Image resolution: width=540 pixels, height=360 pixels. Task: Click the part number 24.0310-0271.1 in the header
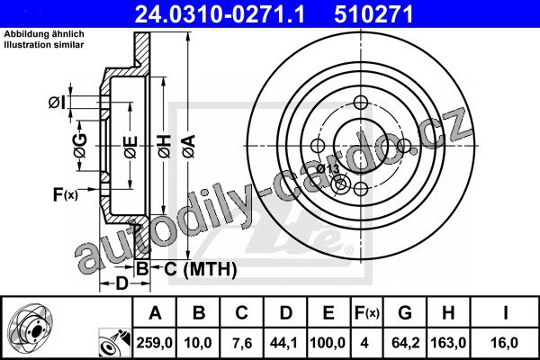point(220,14)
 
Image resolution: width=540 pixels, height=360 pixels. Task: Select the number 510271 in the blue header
point(373,14)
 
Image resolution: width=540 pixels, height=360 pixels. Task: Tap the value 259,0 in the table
point(154,343)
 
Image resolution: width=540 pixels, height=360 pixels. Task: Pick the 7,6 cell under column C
point(241,343)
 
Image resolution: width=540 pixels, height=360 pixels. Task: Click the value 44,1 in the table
point(284,343)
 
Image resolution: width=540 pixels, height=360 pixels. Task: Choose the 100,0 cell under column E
point(328,343)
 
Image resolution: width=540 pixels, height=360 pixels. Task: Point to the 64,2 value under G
point(405,343)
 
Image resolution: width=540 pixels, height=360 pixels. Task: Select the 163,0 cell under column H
point(448,343)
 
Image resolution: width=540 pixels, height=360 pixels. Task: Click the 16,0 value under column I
point(505,343)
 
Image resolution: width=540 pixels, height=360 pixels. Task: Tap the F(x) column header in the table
point(366,313)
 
